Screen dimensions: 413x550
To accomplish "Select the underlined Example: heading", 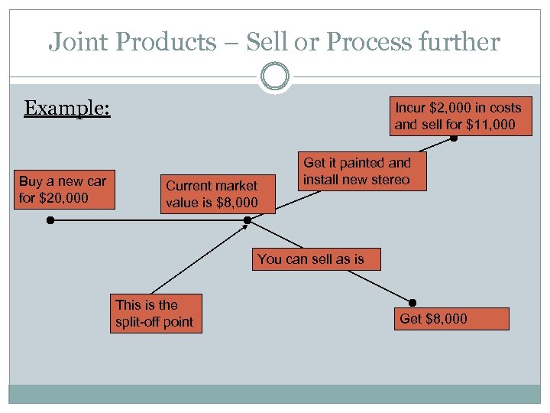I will pyautogui.click(x=67, y=108).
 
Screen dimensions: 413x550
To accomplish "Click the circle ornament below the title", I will pyautogui.click(x=275, y=76).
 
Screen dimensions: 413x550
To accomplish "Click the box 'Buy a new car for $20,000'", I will pyautogui.click(x=65, y=190).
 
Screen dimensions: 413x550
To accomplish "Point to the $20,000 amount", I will pyautogui.click(x=65, y=199).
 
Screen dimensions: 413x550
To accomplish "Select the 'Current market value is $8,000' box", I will pyautogui.click(x=212, y=194).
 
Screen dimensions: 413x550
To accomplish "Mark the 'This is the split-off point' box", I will pyautogui.click(x=154, y=313).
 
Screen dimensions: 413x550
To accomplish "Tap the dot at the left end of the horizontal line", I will pyautogui.click(x=49, y=220).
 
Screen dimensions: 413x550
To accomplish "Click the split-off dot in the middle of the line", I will pyautogui.click(x=247, y=220).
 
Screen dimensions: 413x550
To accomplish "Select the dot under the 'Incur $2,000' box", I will pyautogui.click(x=454, y=139).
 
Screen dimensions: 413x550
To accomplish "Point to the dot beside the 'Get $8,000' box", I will pyautogui.click(x=413, y=302).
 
